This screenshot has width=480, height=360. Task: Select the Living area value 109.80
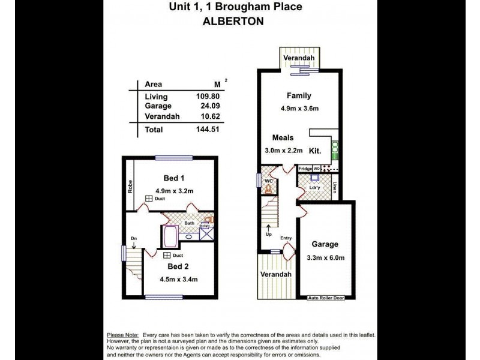pos(208,97)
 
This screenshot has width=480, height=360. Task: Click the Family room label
pos(298,96)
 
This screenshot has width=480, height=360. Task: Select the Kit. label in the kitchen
pos(315,150)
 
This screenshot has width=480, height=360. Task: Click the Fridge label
pos(305,169)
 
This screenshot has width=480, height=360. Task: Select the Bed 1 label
pos(174,178)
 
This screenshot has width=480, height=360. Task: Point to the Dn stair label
pos(134,239)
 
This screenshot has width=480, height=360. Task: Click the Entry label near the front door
pos(285,238)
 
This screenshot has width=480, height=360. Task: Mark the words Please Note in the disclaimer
pos(122,335)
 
